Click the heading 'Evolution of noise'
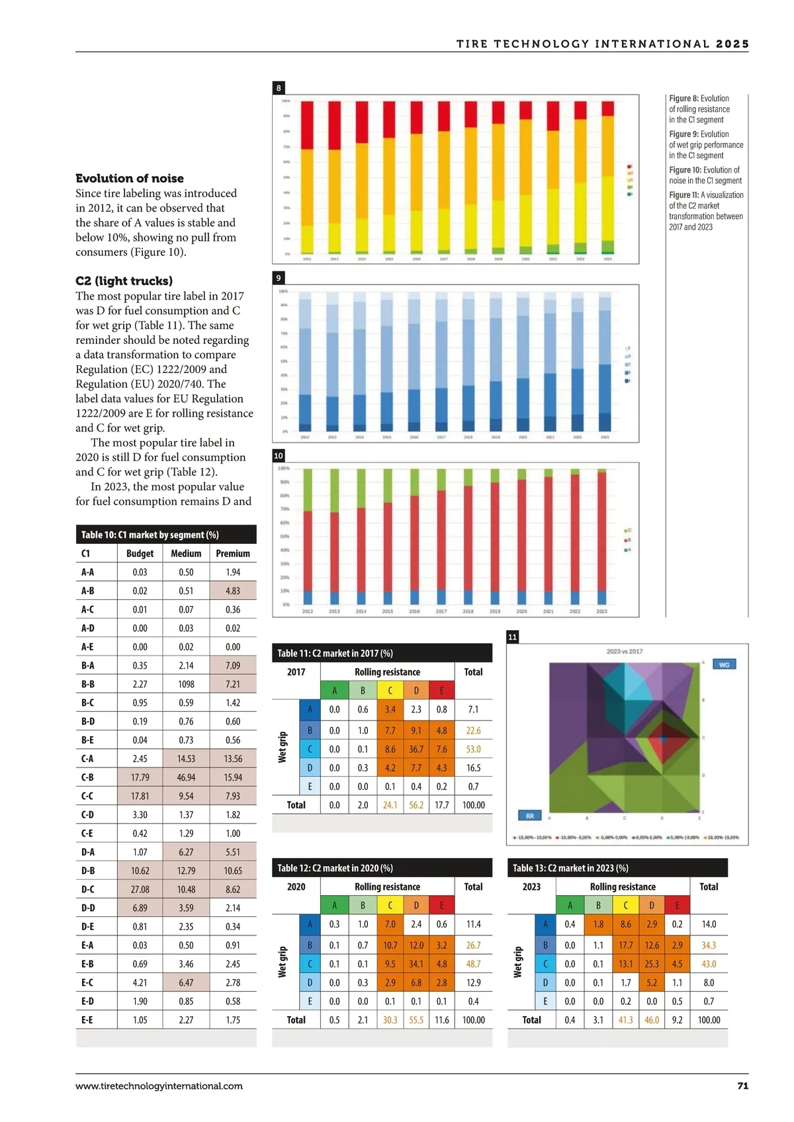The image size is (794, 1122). [130, 178]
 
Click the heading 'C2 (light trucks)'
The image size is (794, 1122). [124, 280]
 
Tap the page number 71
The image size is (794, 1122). [742, 1086]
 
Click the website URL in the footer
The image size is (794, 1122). [159, 1086]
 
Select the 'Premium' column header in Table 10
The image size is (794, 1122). [233, 553]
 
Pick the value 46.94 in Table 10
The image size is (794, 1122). [186, 777]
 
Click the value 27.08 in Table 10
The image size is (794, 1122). [140, 889]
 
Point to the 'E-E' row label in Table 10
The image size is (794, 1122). [87, 1019]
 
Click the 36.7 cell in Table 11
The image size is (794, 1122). [416, 749]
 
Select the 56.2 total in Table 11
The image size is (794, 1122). [416, 805]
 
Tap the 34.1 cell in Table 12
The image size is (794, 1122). [416, 964]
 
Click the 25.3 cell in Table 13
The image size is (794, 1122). [652, 964]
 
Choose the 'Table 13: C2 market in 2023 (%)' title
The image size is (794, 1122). [570, 868]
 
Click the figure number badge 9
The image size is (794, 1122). [279, 278]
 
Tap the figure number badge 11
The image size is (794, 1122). [512, 637]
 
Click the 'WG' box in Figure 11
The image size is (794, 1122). [724, 664]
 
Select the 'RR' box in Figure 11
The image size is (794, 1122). [529, 816]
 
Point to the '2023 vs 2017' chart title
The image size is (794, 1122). [624, 652]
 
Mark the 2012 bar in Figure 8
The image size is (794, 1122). [307, 177]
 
